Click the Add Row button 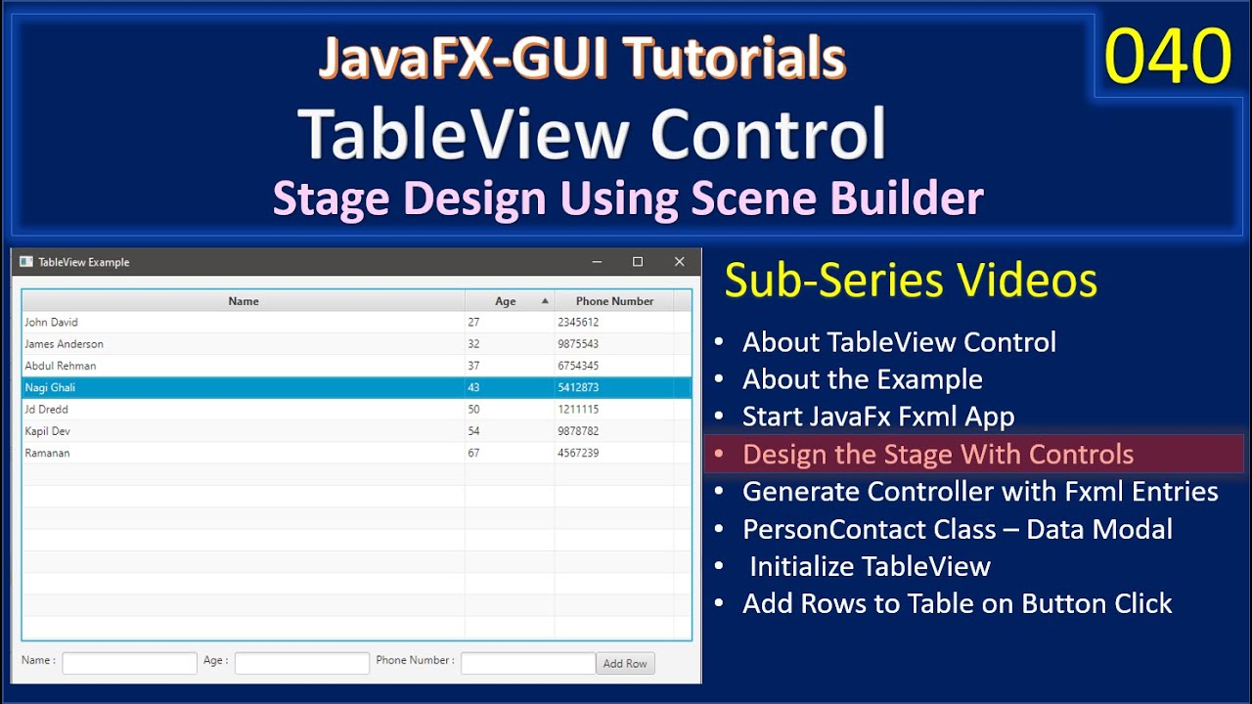[x=625, y=663]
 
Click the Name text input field [x=129, y=663]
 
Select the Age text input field [x=301, y=663]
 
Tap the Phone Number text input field [x=527, y=663]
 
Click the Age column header [x=506, y=301]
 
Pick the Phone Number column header [x=614, y=301]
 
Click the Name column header [x=244, y=301]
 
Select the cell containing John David [x=52, y=322]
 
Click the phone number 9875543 [x=578, y=344]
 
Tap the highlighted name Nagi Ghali [x=50, y=387]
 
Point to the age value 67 [x=474, y=453]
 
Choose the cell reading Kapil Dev [x=48, y=431]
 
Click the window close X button [x=680, y=262]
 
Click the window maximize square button [x=638, y=262]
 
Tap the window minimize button [x=597, y=262]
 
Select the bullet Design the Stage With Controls [x=937, y=455]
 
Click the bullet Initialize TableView [x=870, y=566]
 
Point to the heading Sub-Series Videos [x=911, y=281]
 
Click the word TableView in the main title [x=466, y=134]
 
